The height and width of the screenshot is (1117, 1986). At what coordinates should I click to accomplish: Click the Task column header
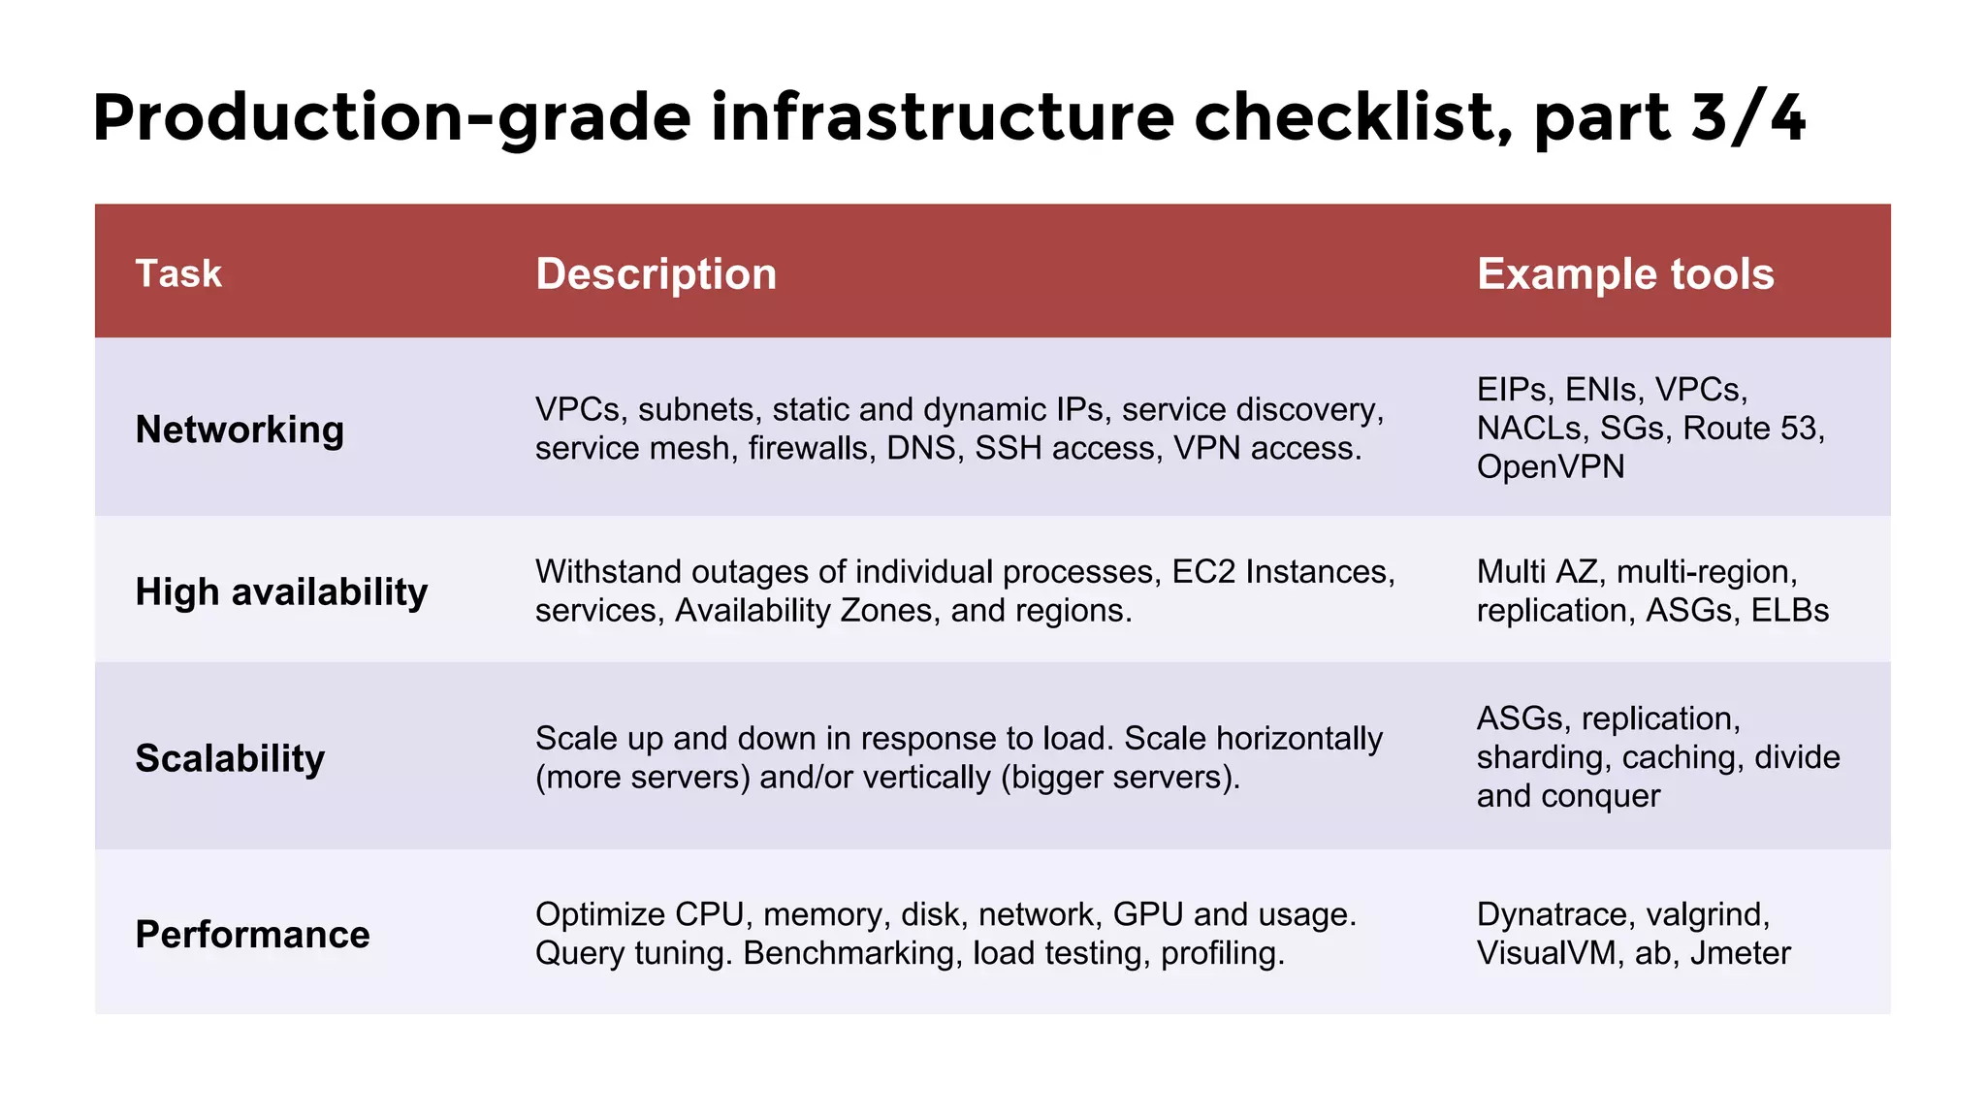[x=178, y=273]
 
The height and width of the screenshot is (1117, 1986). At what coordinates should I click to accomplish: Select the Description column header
[x=656, y=273]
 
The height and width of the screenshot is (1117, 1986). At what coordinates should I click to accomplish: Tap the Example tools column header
[x=1625, y=273]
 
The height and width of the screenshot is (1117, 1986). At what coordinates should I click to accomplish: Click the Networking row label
[x=240, y=429]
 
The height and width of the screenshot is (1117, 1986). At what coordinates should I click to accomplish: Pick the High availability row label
[x=281, y=591]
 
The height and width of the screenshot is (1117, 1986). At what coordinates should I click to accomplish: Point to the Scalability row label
[x=230, y=758]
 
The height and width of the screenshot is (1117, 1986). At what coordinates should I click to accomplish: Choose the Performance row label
[x=252, y=935]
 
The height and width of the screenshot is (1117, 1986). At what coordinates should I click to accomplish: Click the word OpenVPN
[x=1550, y=467]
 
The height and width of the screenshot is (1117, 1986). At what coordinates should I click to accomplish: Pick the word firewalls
[x=812, y=449]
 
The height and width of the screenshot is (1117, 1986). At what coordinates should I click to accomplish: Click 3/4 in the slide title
[x=1747, y=117]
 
